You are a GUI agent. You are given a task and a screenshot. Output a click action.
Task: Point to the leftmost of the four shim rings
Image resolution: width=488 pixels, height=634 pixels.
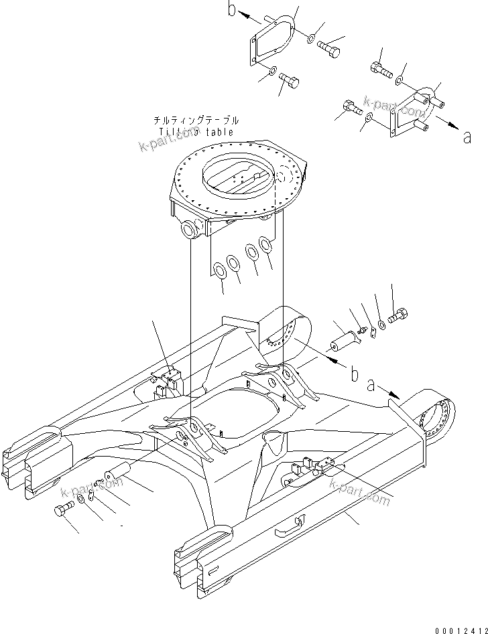click(x=219, y=270)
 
